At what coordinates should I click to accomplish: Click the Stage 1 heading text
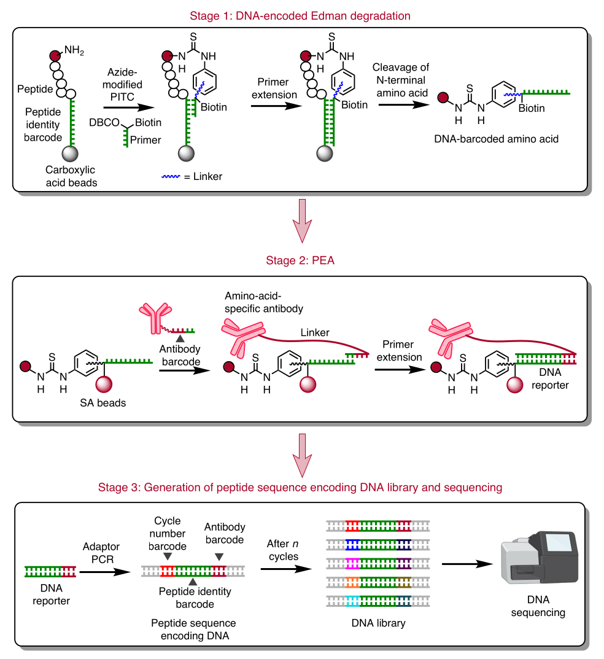click(x=301, y=14)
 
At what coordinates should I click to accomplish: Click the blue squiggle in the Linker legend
click(x=169, y=176)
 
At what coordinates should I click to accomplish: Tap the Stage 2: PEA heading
click(x=301, y=260)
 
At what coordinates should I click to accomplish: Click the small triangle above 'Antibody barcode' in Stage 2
click(x=180, y=339)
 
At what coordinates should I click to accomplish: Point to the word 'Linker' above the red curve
click(x=314, y=332)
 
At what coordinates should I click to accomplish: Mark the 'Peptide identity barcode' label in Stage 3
click(x=195, y=598)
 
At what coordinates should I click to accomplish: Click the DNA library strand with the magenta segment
click(x=377, y=563)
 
